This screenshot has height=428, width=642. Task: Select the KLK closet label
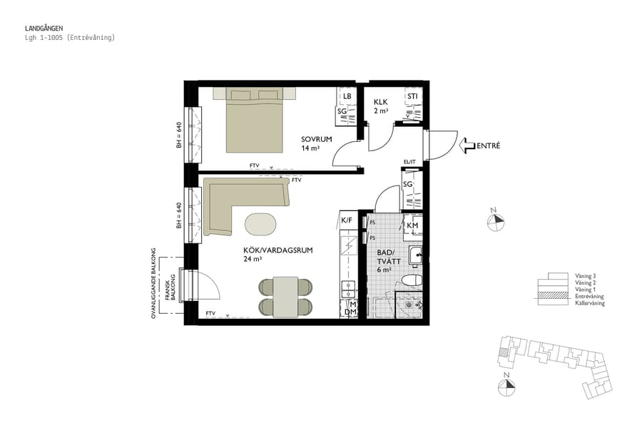point(380,102)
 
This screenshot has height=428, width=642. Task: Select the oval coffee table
point(263,224)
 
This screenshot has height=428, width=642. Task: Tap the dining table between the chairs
point(285,297)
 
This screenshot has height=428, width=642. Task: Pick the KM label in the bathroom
point(412,226)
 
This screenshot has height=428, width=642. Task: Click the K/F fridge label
point(347,220)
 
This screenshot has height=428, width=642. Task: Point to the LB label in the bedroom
point(347,96)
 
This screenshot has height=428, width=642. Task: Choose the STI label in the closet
point(412,96)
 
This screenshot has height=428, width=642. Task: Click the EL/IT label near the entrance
point(409,162)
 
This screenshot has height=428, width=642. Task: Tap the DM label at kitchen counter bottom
point(350,312)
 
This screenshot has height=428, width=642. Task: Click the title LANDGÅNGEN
point(44,29)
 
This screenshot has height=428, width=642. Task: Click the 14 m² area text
point(310,148)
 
